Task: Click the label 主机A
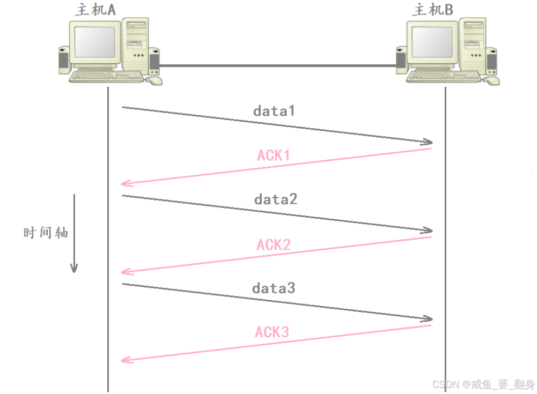tap(95, 10)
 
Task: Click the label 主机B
tap(432, 10)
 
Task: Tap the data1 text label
tap(274, 111)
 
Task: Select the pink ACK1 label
tap(273, 156)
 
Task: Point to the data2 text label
tap(276, 199)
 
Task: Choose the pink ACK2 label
tap(273, 245)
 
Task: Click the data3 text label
tap(274, 288)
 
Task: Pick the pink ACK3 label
tap(272, 332)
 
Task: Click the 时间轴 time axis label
tap(46, 233)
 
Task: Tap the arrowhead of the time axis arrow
tap(74, 268)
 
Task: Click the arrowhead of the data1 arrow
tap(429, 143)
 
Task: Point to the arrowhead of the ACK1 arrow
tap(125, 183)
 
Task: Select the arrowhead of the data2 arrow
tap(429, 231)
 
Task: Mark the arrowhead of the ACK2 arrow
tap(125, 272)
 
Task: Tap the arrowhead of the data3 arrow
tap(429, 319)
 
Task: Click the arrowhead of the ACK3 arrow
tap(125, 360)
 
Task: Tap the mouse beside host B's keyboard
tap(492, 80)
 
